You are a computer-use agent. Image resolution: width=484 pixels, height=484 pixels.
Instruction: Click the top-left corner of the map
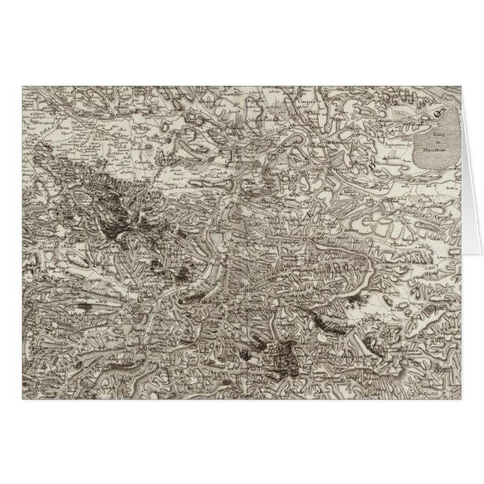(x=22, y=85)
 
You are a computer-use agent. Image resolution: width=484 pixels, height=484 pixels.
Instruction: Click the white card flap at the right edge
(x=471, y=173)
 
